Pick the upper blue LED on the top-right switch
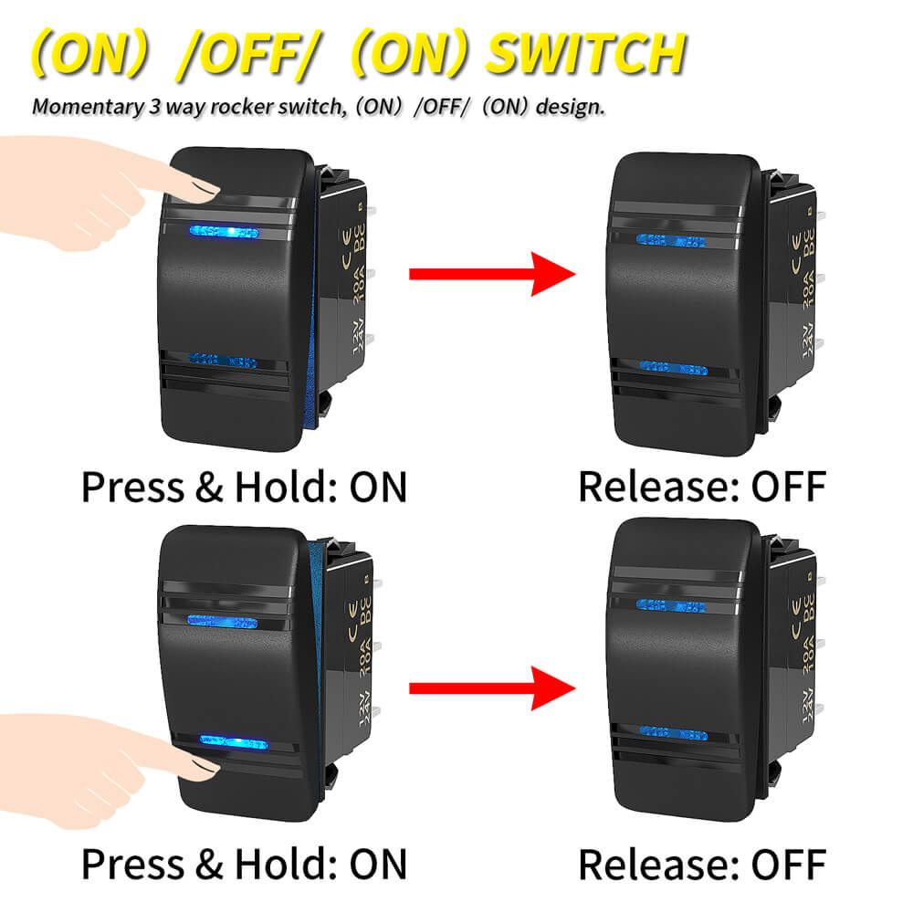click(671, 241)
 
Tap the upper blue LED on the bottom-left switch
click(222, 622)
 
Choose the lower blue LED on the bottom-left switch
click(224, 740)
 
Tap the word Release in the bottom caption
click(656, 863)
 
